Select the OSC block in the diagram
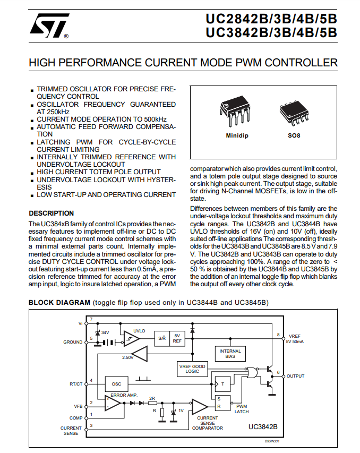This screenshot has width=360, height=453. [x=116, y=384]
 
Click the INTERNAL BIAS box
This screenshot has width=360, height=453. [x=230, y=354]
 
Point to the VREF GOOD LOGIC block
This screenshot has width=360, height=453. [x=193, y=368]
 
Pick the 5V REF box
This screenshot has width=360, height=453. [x=177, y=338]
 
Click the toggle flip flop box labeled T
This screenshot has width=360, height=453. [x=222, y=383]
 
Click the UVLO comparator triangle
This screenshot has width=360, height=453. [x=131, y=338]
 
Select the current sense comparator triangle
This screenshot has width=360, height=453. [x=200, y=407]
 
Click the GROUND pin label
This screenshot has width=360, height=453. [x=73, y=342]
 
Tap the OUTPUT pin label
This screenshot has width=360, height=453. [x=296, y=376]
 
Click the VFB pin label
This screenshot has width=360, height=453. [x=78, y=406]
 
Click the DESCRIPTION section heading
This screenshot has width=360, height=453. [x=51, y=213]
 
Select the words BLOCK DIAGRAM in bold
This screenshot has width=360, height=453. [x=59, y=303]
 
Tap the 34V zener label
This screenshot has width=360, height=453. [x=105, y=332]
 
